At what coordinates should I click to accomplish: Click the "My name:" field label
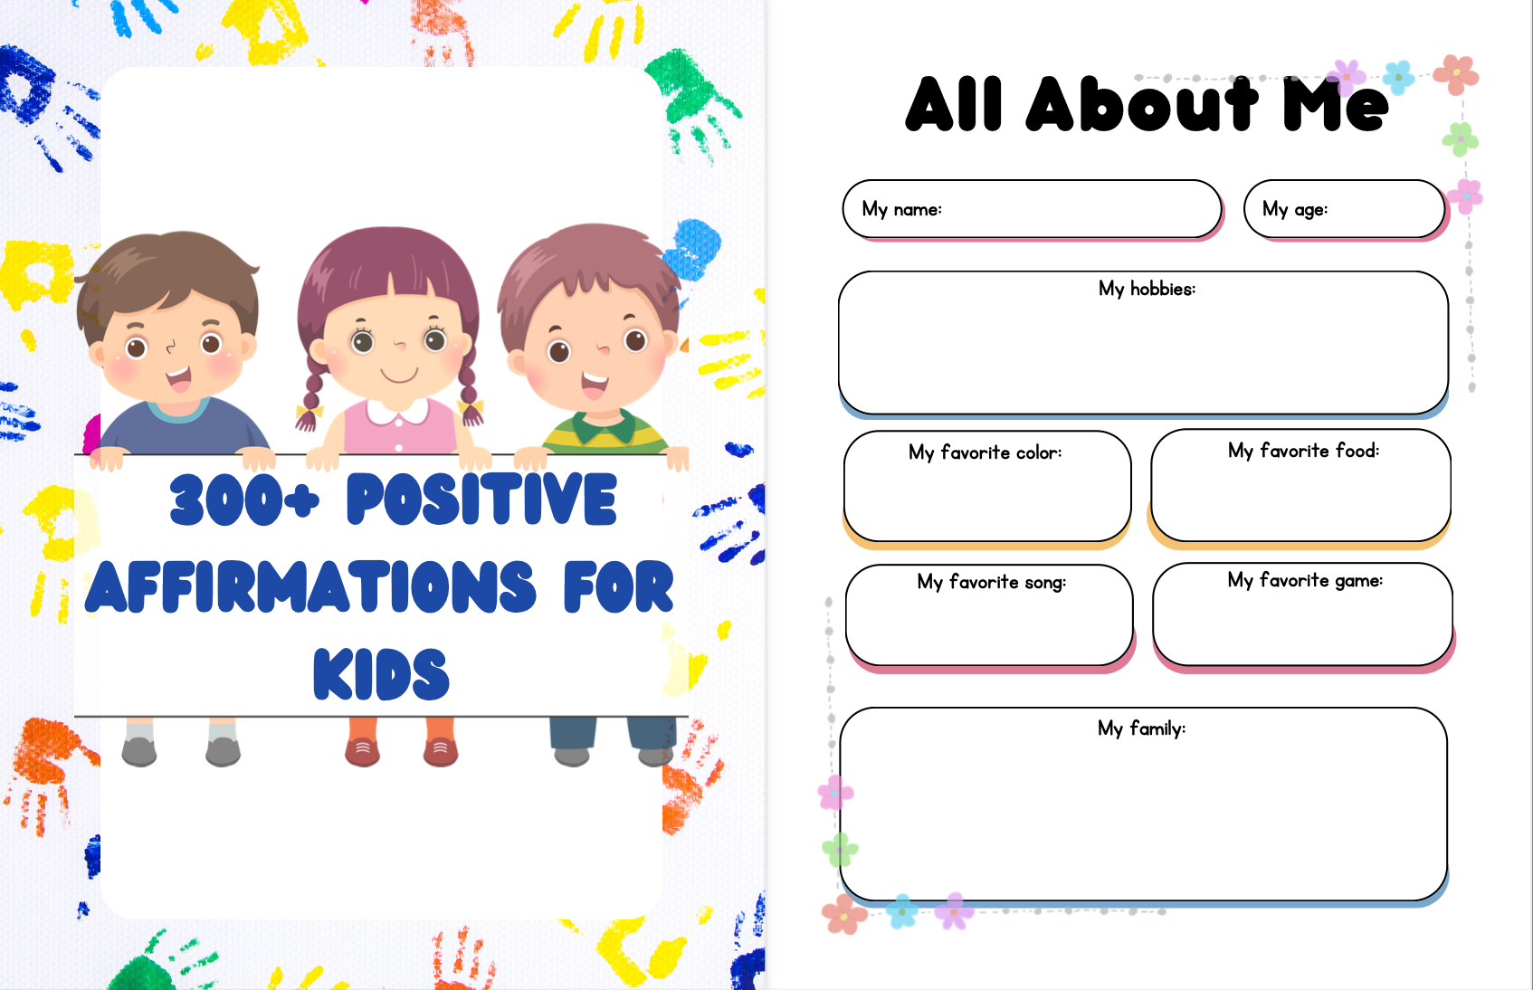coord(901,209)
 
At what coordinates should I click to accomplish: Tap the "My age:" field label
coord(1295,209)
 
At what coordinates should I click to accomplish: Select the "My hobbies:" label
coord(1147,290)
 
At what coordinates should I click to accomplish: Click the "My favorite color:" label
coord(985,453)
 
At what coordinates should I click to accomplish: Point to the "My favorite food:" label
coord(1303,451)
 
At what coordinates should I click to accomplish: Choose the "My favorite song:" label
coord(992,582)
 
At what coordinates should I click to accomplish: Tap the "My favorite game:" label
coord(1305,581)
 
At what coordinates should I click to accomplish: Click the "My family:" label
coord(1141,728)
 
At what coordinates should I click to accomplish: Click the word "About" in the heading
coord(1141,104)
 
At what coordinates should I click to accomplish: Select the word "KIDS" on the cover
coord(381,674)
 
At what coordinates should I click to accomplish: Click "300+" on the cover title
coord(244,500)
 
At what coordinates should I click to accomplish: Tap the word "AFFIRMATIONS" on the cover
coord(310,587)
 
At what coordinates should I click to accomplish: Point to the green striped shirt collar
coord(603,425)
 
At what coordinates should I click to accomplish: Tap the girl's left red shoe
coord(362,750)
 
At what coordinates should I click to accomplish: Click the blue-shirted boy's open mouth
coord(179,378)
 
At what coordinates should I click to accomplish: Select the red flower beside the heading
coord(1456,74)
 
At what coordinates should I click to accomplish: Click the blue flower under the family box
coord(901,910)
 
